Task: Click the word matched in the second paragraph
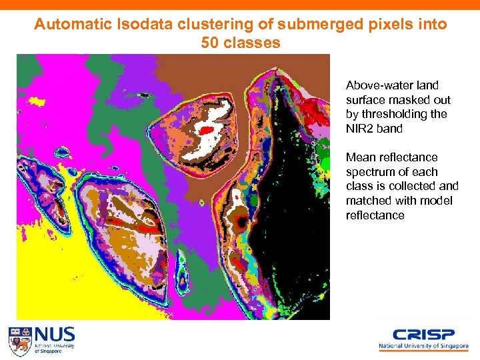click(x=367, y=201)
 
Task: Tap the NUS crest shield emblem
click(x=19, y=340)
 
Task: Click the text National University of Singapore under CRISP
click(x=423, y=347)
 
